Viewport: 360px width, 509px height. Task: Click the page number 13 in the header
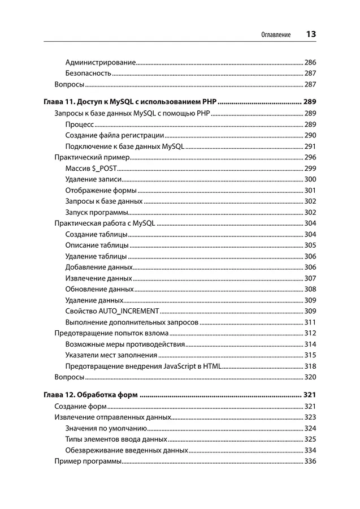coord(310,34)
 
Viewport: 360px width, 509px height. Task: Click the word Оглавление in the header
coord(276,35)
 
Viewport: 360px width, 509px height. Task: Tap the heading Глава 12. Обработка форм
coord(90,394)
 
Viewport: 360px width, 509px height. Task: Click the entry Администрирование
coord(100,62)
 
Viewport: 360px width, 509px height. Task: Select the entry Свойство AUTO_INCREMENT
coord(112,311)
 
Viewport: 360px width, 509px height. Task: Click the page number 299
coord(310,169)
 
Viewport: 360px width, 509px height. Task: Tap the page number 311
coord(310,322)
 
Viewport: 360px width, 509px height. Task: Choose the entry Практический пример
coord(92,157)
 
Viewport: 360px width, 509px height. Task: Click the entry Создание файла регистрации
coord(115,135)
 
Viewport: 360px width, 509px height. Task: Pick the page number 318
coord(310,366)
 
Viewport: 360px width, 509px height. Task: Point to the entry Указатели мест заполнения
coord(111,355)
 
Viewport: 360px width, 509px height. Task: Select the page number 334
coord(310,451)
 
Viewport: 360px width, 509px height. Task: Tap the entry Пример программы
coord(88,461)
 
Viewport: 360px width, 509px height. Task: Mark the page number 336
coord(310,461)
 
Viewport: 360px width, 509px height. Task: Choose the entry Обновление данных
coord(99,289)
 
